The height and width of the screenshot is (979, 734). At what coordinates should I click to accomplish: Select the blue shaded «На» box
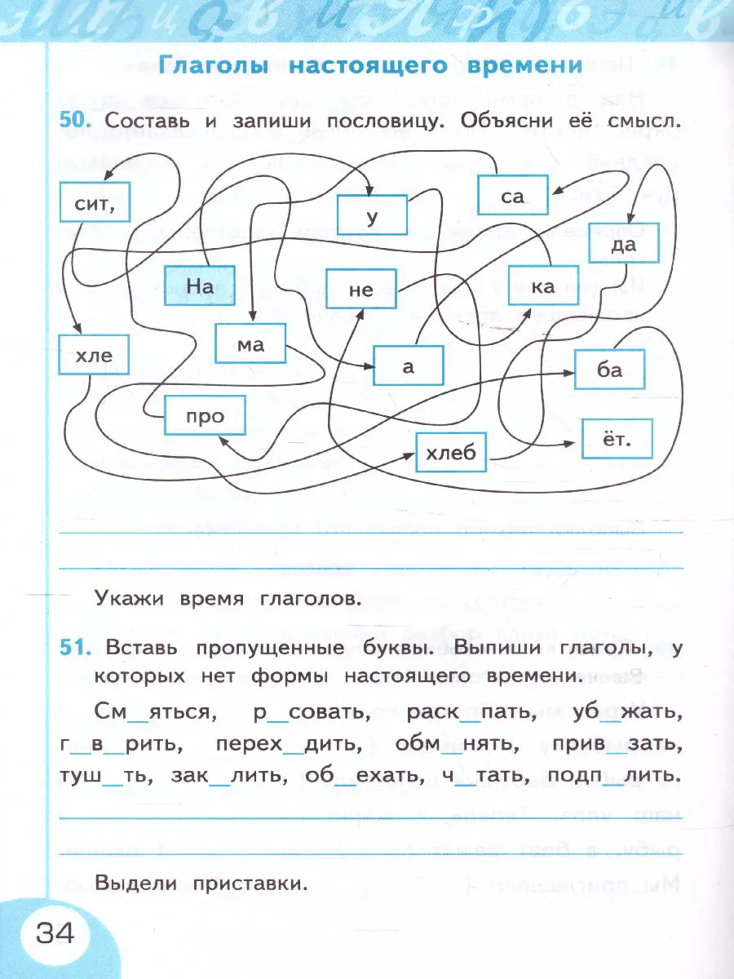pyautogui.click(x=200, y=286)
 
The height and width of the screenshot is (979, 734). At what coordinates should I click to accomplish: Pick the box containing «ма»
pyautogui.click(x=251, y=343)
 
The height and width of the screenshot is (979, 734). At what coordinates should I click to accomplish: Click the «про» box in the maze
pyautogui.click(x=205, y=416)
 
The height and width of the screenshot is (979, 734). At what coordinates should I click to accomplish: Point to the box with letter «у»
pyautogui.click(x=373, y=215)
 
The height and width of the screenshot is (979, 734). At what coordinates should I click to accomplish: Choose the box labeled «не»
pyautogui.click(x=360, y=290)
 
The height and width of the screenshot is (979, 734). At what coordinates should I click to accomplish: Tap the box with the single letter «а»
pyautogui.click(x=409, y=366)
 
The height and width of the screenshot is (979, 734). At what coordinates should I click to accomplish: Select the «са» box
pyautogui.click(x=512, y=197)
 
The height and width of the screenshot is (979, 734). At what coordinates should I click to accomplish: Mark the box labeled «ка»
pyautogui.click(x=542, y=286)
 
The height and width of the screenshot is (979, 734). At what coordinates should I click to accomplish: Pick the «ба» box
pyautogui.click(x=610, y=370)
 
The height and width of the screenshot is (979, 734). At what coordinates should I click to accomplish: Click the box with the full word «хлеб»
pyautogui.click(x=451, y=452)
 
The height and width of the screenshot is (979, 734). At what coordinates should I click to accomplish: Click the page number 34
pyautogui.click(x=55, y=931)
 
